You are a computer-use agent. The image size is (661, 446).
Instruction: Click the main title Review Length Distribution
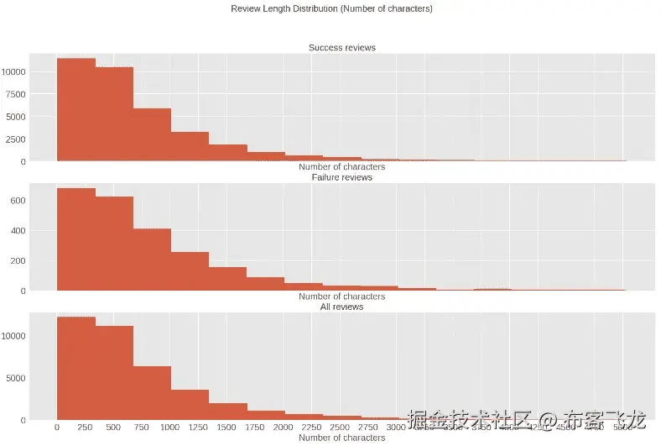331,8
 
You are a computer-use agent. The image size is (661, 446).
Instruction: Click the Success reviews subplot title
341,48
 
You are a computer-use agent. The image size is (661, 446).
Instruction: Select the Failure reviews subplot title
341,177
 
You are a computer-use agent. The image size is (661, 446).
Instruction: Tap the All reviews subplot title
341,307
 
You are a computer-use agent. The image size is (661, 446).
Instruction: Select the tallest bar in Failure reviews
75,239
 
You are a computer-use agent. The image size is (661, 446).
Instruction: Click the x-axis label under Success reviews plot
341,167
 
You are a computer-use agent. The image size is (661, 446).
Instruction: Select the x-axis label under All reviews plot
341,438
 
